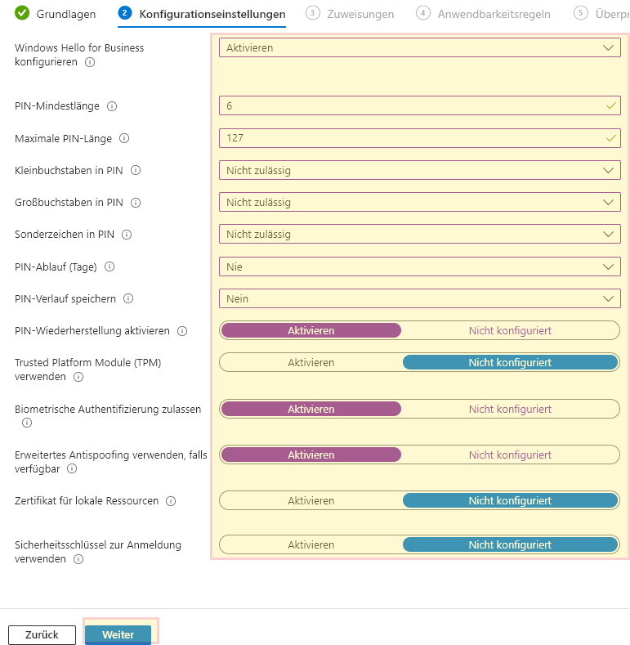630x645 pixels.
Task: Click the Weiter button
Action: click(x=118, y=634)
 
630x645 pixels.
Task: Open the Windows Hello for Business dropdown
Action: click(x=419, y=48)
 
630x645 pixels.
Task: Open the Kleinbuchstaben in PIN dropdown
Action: click(x=419, y=170)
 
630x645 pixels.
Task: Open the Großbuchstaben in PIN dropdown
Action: click(x=419, y=202)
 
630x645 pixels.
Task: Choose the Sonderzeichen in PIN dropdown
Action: click(x=419, y=235)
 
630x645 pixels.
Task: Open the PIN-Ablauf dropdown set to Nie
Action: click(x=419, y=267)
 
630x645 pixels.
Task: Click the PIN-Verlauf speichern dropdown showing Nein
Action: click(x=419, y=298)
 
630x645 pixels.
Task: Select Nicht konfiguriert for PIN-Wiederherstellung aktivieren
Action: click(x=510, y=330)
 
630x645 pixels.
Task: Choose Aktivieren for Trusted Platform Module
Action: click(x=311, y=362)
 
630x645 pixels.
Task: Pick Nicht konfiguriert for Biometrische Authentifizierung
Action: click(x=510, y=409)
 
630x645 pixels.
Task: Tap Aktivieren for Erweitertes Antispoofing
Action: click(x=311, y=455)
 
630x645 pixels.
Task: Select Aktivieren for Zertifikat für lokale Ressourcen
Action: click(x=311, y=500)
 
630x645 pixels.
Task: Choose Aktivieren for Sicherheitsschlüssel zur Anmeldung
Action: click(x=311, y=544)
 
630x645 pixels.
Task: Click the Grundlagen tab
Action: click(x=56, y=14)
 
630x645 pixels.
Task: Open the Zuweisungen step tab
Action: click(x=351, y=14)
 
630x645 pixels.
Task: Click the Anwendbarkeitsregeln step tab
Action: click(x=484, y=14)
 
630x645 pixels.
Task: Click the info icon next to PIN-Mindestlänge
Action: click(x=112, y=106)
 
